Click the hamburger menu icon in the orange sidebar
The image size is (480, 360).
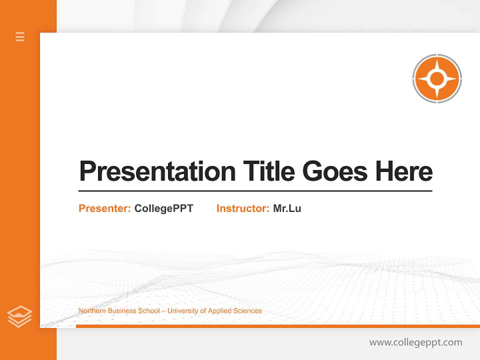[x=20, y=36]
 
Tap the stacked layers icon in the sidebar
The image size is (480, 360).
[x=19, y=316]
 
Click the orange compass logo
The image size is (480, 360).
[x=437, y=78]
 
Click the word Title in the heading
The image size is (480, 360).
[x=268, y=171]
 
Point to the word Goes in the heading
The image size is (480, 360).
[x=335, y=171]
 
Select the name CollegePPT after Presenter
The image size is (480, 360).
[x=163, y=208]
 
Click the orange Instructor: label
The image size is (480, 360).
[x=243, y=208]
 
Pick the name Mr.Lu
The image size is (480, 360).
[x=287, y=208]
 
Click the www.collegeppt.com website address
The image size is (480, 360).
[x=415, y=342]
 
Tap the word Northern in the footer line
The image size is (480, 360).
[x=91, y=311]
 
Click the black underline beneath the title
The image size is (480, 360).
[x=255, y=190]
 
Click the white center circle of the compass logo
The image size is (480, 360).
[x=437, y=78]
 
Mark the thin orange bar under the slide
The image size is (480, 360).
[x=277, y=326]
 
